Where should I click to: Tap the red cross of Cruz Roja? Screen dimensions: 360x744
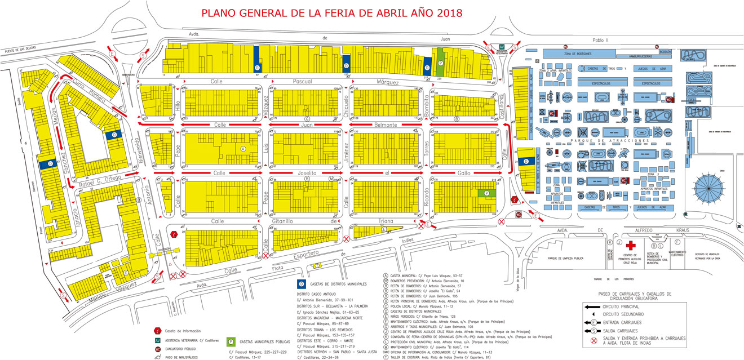631,246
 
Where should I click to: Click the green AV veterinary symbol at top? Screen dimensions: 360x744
502,47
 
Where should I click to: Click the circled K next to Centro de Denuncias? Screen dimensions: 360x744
610,242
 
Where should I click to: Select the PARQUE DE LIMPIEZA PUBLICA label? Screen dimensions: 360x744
559,259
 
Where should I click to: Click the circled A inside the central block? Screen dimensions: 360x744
243,149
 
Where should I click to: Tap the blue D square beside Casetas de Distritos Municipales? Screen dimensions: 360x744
301,284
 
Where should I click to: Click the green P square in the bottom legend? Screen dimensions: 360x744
231,341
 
